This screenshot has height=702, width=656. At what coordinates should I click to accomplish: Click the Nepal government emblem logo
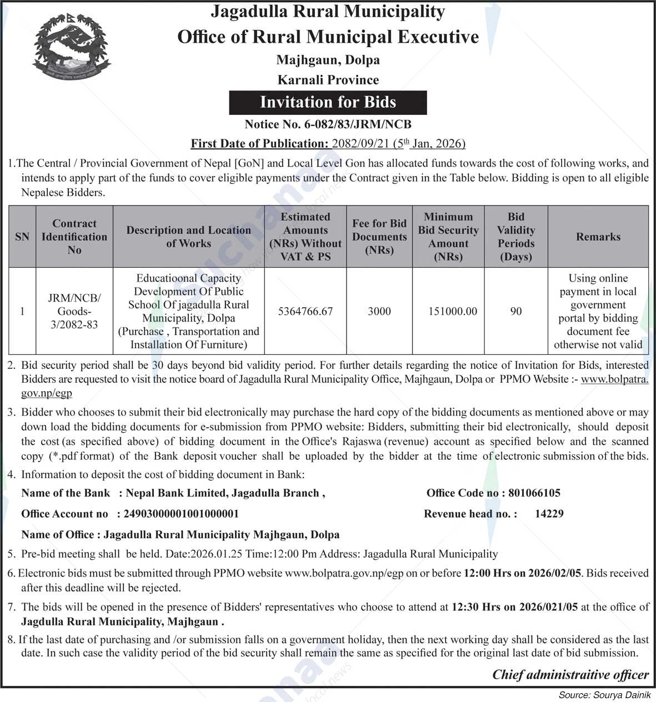click(71, 47)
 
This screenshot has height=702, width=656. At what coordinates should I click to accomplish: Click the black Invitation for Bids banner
click(328, 102)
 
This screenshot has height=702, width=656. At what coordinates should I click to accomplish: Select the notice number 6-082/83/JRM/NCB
click(328, 124)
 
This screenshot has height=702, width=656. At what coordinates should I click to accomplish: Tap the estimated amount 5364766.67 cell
click(306, 312)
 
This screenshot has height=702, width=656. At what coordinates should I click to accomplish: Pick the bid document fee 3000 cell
click(379, 312)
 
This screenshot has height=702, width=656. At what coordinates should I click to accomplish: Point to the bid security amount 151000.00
click(452, 312)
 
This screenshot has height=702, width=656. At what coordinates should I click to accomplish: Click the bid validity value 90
click(516, 312)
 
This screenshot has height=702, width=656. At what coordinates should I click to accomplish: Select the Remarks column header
click(598, 237)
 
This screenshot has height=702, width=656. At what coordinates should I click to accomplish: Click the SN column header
click(22, 237)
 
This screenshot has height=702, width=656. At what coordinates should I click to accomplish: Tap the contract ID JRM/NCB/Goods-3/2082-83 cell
click(74, 312)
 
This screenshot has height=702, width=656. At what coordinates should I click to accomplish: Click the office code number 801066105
click(534, 493)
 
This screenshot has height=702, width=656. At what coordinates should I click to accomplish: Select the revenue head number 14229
click(549, 514)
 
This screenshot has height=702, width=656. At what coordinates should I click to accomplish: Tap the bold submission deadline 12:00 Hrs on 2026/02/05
click(523, 573)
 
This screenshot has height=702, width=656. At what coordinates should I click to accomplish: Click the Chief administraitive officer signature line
click(570, 675)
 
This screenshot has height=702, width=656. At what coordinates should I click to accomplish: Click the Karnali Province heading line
click(328, 80)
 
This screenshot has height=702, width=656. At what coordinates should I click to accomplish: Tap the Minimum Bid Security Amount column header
click(448, 237)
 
